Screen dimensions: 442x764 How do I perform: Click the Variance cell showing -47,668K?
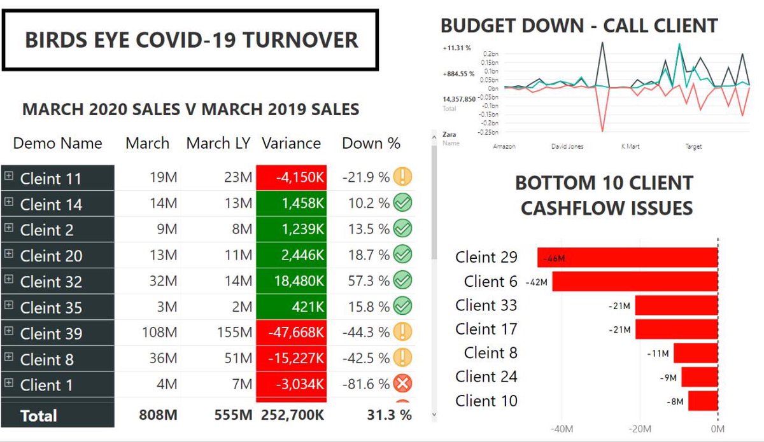click(291, 333)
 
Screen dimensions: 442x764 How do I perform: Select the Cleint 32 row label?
click(51, 281)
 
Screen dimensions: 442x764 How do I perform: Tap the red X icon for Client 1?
click(402, 384)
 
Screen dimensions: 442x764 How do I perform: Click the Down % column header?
click(371, 143)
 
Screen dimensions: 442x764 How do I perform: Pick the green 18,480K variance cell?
click(291, 280)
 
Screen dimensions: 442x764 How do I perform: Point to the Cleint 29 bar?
click(627, 258)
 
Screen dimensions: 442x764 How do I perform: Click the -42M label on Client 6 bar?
click(537, 282)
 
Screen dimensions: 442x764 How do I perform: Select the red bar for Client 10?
click(702, 401)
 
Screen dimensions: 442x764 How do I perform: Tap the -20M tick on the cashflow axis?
click(640, 429)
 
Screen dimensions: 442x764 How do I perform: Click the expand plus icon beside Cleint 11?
click(9, 176)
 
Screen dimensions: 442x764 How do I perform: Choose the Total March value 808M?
click(158, 415)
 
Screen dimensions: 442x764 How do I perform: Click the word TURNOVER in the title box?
click(304, 40)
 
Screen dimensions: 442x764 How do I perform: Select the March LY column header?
click(219, 143)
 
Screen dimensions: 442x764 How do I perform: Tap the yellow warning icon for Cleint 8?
click(402, 358)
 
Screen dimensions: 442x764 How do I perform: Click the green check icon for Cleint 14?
click(402, 203)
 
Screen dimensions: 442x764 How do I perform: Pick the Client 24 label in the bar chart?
click(486, 377)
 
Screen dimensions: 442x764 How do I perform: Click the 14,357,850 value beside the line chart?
click(458, 99)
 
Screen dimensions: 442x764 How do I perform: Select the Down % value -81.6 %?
click(365, 385)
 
